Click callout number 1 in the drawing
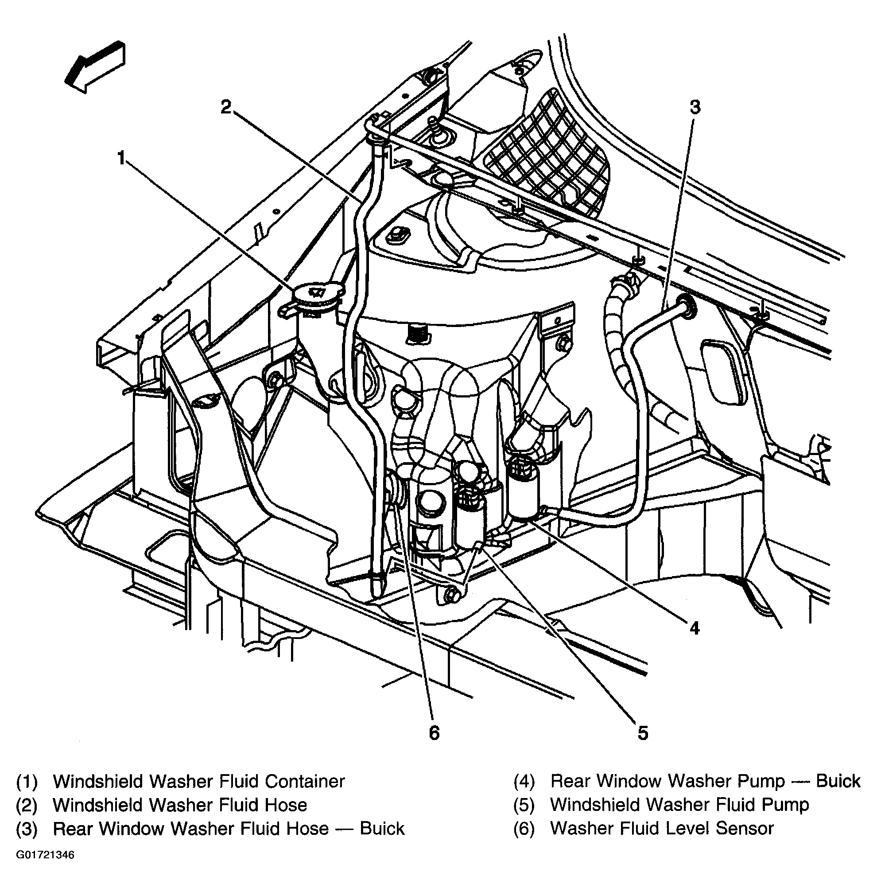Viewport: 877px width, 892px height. [121, 159]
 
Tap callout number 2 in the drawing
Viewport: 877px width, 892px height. [225, 107]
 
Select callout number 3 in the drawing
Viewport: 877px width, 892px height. [695, 107]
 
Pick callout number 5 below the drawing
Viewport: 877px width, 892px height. [643, 732]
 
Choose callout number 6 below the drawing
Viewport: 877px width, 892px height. [434, 732]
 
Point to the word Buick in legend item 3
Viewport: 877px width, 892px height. [382, 829]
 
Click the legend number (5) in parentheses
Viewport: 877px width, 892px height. [524, 804]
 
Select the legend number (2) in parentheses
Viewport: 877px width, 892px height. [27, 805]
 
